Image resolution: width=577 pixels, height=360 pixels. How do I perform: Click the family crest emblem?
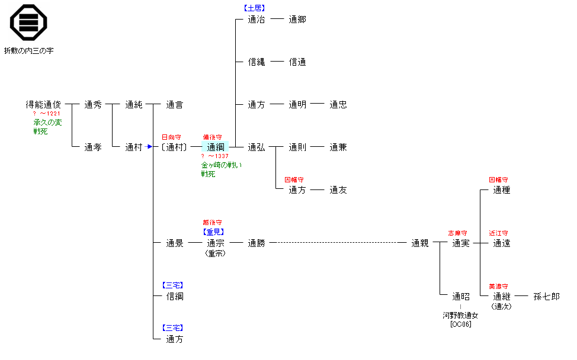tap(28, 22)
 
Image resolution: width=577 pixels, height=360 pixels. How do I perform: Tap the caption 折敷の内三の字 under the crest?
tap(28, 51)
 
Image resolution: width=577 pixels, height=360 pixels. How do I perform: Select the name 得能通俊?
tap(43, 105)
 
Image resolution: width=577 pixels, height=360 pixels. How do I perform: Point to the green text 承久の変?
tap(47, 123)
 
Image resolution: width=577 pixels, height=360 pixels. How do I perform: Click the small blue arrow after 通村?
tap(150, 147)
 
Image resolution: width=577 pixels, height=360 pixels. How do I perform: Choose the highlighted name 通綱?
tap(215, 147)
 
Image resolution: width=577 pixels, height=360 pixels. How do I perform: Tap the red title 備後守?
tap(212, 137)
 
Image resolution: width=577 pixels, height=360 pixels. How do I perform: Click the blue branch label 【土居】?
tap(255, 8)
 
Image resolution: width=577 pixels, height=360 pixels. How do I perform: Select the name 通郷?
tap(297, 20)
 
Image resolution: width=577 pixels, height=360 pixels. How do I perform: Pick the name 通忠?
tap(338, 105)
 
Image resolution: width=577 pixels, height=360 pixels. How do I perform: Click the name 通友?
tap(338, 190)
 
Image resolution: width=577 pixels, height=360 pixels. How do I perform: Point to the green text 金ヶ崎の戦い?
tap(222, 165)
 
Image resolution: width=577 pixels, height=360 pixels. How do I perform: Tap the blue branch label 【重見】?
tap(214, 232)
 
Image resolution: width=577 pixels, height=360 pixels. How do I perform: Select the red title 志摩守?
tap(457, 233)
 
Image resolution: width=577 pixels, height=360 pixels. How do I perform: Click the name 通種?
tap(501, 190)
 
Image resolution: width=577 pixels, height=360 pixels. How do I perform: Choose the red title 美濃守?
tap(498, 287)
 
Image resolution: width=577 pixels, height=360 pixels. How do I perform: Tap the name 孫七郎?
tap(546, 296)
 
